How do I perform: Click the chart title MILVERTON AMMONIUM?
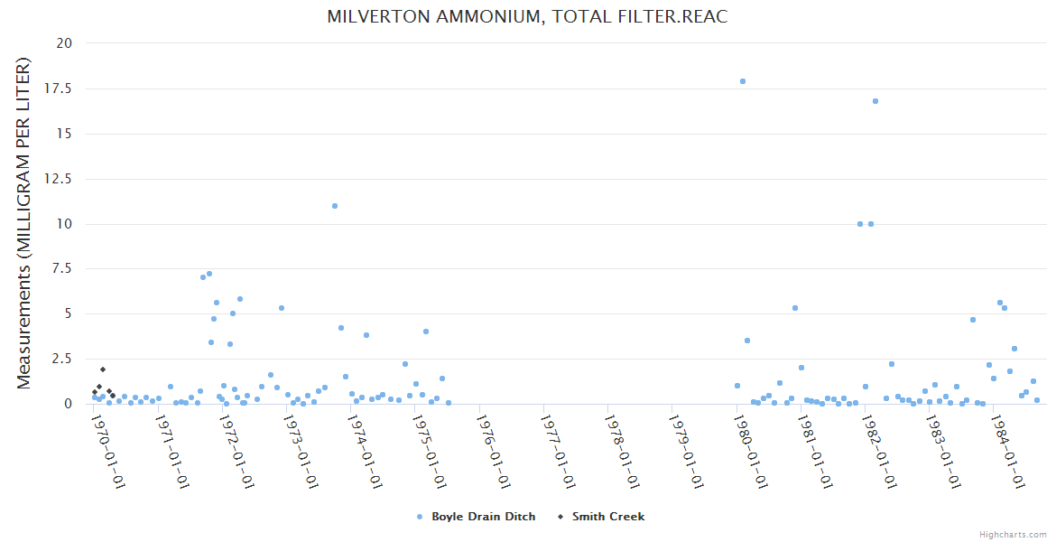(527, 17)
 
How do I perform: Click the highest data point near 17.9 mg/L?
(743, 81)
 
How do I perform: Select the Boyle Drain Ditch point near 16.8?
(875, 101)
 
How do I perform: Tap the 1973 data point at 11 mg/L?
(335, 206)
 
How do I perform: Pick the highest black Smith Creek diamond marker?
(103, 369)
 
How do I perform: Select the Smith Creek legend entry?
(607, 517)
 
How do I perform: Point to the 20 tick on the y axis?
(65, 43)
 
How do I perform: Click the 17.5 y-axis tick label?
(60, 89)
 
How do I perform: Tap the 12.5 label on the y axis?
(60, 179)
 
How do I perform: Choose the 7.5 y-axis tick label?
(63, 269)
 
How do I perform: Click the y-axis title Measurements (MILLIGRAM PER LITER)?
(24, 223)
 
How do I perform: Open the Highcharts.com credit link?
(1013, 535)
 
